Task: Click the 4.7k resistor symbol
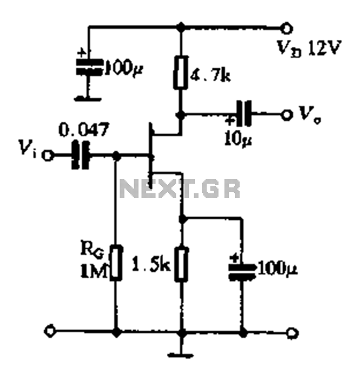181,72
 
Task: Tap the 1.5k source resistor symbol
182,264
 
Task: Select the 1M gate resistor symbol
116,262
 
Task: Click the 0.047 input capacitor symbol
81,155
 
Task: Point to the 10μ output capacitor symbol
244,114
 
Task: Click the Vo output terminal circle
286,115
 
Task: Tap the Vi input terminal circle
48,155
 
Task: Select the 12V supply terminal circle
286,28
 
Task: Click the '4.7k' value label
210,76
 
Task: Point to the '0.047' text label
84,129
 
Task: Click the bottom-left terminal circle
50,331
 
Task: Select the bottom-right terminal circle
292,333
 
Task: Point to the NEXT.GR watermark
179,188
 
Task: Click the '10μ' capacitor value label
238,139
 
